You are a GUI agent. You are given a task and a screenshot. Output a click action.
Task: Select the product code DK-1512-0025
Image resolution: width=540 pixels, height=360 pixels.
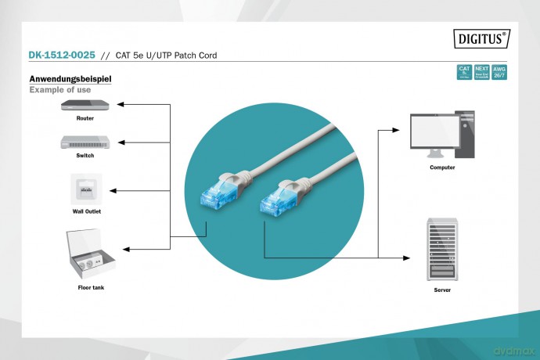point(62,56)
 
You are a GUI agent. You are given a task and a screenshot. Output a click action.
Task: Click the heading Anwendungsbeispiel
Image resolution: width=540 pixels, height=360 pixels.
point(70,79)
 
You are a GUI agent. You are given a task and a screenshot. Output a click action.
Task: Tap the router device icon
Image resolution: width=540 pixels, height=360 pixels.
point(85,106)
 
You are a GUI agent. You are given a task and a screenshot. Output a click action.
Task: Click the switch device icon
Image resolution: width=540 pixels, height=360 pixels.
point(85,142)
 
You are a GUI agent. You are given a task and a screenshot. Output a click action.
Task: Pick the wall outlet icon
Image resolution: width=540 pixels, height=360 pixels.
point(85,189)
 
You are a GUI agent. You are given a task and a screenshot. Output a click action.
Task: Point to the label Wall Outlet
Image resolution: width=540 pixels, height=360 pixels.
point(86,211)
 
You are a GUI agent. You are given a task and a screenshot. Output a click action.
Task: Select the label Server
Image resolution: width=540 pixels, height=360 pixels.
point(442,290)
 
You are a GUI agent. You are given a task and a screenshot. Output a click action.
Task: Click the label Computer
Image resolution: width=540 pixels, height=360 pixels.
point(442,167)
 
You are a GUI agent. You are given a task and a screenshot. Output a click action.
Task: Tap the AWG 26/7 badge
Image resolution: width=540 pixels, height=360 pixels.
point(499,72)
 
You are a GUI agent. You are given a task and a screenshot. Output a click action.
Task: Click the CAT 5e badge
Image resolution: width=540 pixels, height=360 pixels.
point(463,72)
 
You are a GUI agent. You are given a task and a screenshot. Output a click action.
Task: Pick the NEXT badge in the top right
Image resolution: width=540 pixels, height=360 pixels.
point(481,72)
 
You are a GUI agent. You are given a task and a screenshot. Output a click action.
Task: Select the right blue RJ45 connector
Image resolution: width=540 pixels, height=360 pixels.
point(274,200)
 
